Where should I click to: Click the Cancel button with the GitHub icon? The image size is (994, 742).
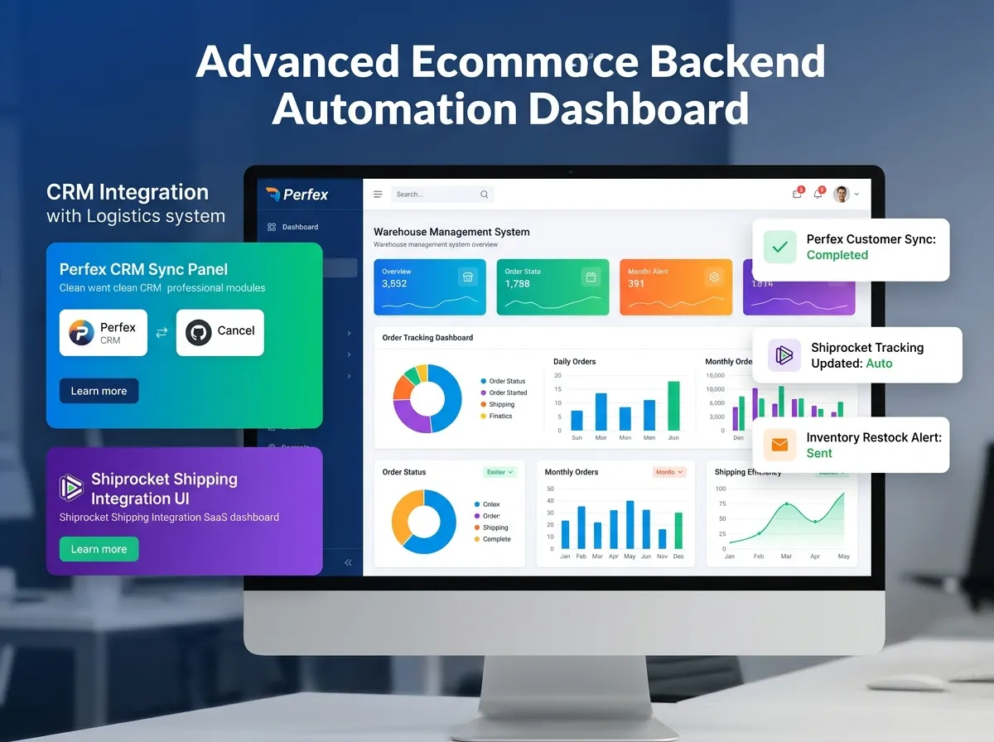tap(220, 332)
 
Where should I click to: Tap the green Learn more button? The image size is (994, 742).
tap(99, 549)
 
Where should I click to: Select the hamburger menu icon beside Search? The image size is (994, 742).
tap(378, 195)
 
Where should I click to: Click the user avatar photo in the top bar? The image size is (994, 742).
tap(842, 195)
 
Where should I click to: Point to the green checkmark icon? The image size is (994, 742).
tap(779, 247)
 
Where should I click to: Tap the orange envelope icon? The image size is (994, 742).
tap(779, 445)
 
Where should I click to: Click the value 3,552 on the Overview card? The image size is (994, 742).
tap(394, 284)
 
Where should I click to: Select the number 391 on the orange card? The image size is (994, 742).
tap(636, 284)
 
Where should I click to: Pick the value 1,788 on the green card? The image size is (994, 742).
tap(518, 284)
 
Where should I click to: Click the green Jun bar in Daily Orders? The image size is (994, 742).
tap(673, 406)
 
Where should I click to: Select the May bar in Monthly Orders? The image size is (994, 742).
tap(630, 525)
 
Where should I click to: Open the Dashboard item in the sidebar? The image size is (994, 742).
tap(299, 227)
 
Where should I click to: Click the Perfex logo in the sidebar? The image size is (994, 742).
tap(297, 195)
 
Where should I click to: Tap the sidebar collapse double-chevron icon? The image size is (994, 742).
tap(348, 562)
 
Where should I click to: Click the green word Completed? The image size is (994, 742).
tap(837, 255)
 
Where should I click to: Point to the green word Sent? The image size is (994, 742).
tap(819, 453)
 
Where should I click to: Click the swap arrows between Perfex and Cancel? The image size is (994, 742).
tap(162, 332)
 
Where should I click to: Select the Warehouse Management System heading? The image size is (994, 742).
tap(451, 232)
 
